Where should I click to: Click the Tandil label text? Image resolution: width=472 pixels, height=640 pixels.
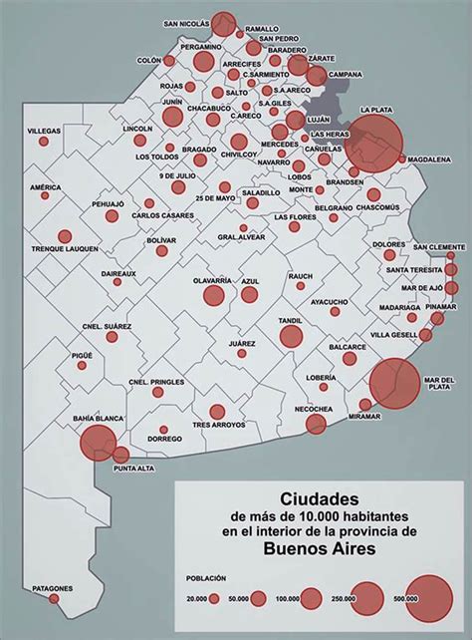coord(289,319)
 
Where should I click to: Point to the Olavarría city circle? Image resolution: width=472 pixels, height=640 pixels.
coord(213,295)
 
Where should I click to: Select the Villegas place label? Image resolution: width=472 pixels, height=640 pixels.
coord(44,132)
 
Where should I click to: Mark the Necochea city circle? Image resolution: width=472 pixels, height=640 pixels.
coord(316,425)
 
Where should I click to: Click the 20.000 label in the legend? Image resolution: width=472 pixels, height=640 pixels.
coord(195,597)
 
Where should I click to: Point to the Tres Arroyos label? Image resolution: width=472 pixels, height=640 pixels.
coord(217,425)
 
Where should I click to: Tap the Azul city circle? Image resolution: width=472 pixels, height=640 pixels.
coord(249,292)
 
